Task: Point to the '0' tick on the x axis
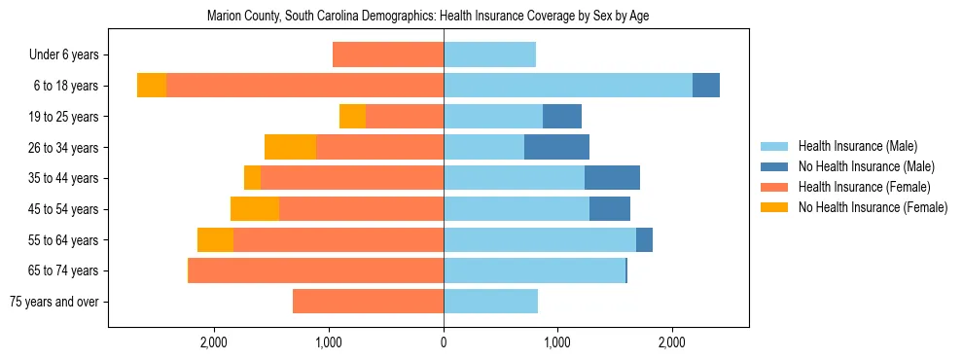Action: pos(444,342)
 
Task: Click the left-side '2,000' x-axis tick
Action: pos(213,342)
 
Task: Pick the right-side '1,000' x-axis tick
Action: pos(557,342)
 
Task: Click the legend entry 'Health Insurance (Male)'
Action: pos(857,146)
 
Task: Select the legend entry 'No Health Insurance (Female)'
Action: pos(873,207)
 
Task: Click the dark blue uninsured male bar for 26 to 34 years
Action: pos(556,147)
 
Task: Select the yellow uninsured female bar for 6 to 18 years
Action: pos(152,86)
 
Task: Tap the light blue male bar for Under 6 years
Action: pos(489,54)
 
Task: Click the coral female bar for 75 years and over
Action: pos(368,302)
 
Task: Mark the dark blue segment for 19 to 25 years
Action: pos(562,117)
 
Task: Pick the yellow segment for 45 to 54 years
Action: pos(255,209)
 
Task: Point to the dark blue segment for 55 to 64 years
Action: pos(644,239)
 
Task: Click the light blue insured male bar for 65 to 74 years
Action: pos(534,270)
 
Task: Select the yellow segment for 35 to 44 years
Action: pos(252,178)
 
